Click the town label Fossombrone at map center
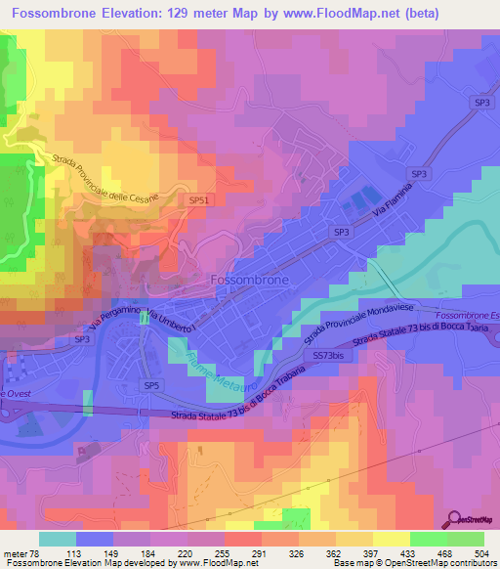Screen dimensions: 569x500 click(250, 279)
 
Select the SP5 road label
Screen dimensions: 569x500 click(150, 386)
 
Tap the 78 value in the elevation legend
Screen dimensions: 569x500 click(32, 552)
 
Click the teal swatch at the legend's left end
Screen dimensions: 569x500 click(57, 539)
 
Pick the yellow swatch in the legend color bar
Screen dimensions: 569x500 click(391, 539)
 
